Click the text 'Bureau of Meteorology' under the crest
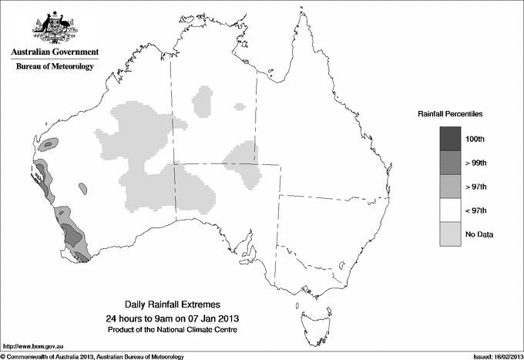(55, 67)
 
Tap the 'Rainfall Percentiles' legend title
(450, 113)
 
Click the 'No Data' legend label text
(478, 234)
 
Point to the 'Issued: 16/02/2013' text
(492, 355)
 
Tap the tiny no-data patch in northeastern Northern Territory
(240, 106)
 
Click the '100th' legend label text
(475, 138)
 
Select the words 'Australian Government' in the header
(55, 52)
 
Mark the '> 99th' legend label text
(477, 162)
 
